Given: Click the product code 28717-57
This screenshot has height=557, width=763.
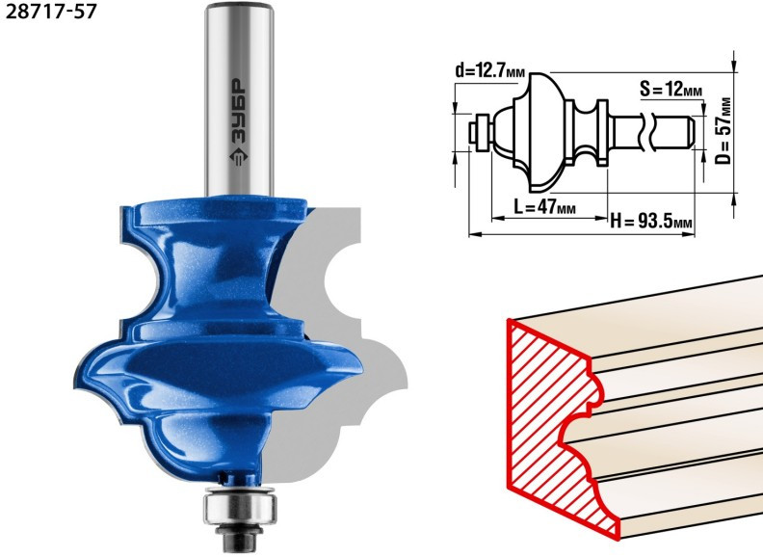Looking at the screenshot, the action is tap(51, 12).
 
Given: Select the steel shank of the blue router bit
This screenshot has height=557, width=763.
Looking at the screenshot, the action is tap(239, 99).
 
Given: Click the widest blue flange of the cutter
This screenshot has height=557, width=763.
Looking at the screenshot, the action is tap(219, 365).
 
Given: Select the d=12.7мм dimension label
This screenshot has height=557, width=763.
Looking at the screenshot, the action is tap(490, 71).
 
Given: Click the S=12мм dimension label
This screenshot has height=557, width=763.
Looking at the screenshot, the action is tap(671, 89).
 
